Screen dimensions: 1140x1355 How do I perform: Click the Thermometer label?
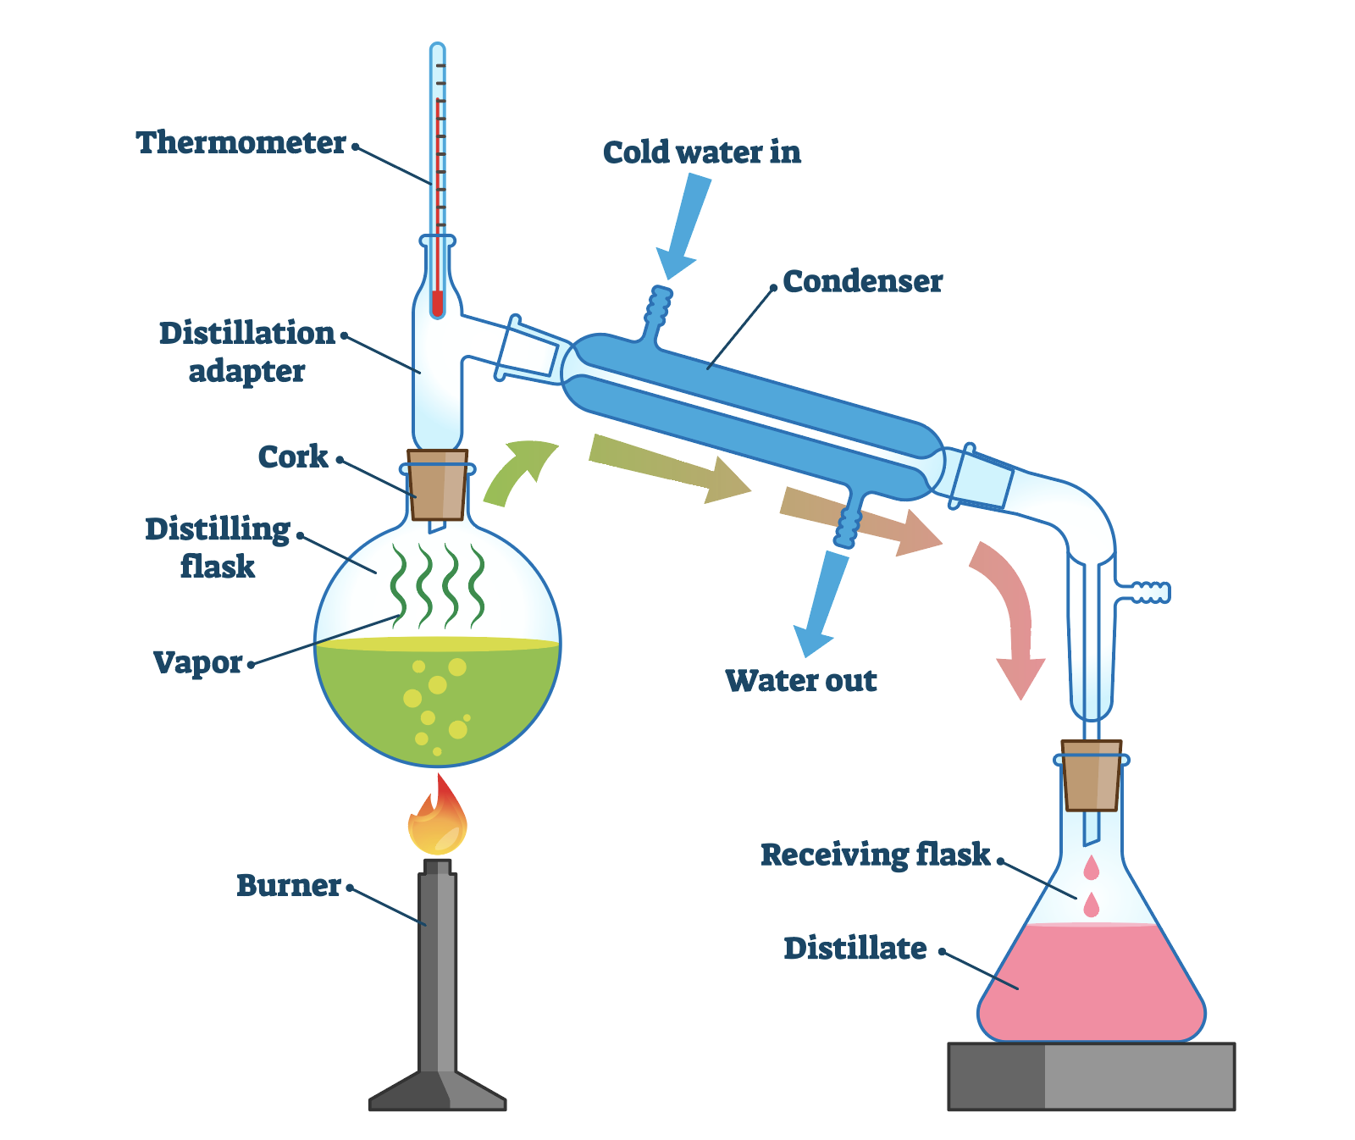[x=241, y=142]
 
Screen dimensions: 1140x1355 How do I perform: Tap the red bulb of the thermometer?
[x=437, y=303]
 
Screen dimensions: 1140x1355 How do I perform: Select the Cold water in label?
[x=701, y=152]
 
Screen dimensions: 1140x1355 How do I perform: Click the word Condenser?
[x=862, y=281]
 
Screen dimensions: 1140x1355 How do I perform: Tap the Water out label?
[x=800, y=680]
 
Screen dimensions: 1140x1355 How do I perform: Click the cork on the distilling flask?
[x=437, y=484]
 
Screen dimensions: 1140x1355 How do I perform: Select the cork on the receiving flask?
[x=1092, y=775]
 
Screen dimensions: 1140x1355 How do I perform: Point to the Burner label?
[x=288, y=885]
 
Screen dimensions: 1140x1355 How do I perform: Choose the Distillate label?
[x=854, y=948]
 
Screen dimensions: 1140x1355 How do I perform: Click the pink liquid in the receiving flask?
[x=1091, y=982]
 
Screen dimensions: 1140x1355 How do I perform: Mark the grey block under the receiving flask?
[x=1091, y=1075]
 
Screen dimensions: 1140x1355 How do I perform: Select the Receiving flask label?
[x=875, y=855]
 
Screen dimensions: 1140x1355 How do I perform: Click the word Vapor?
[x=197, y=662]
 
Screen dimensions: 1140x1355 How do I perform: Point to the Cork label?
[x=292, y=457]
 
